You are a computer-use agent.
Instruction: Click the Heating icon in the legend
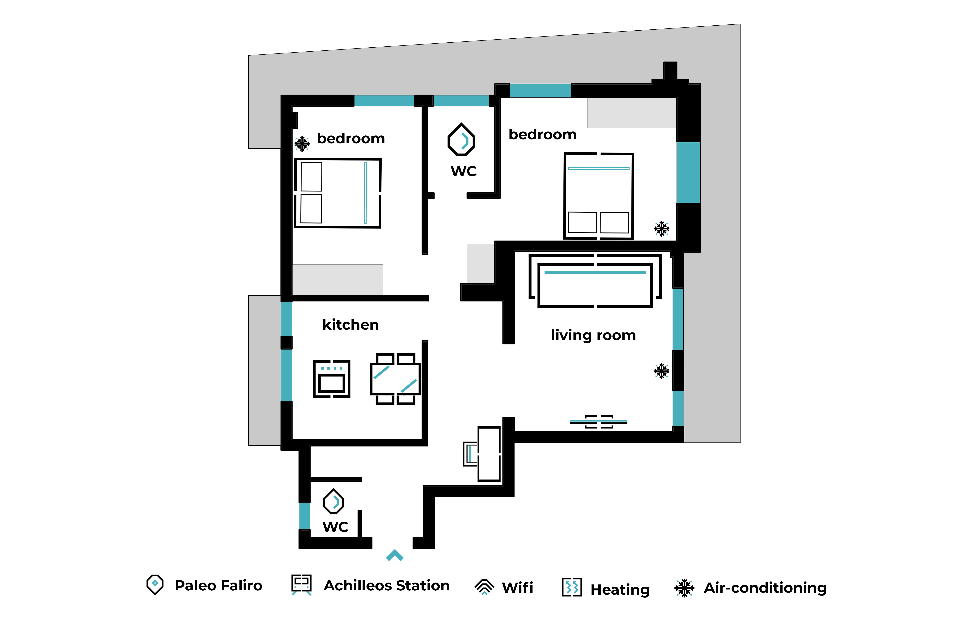tap(572, 587)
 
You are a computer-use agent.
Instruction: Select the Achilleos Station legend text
tap(387, 585)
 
